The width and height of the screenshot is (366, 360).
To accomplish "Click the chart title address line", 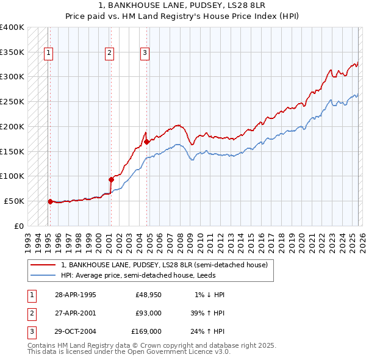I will tap(182, 5).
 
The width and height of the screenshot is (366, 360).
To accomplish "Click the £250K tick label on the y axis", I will tap(12, 101).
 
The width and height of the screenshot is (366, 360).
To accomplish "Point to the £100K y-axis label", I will tap(12, 176).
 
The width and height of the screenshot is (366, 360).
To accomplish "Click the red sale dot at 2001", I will tap(111, 179).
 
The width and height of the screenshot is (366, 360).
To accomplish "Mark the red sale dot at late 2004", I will tap(147, 142).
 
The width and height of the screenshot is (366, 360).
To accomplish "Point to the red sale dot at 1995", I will tap(50, 201).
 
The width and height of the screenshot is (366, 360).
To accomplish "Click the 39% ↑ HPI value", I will tap(207, 313).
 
